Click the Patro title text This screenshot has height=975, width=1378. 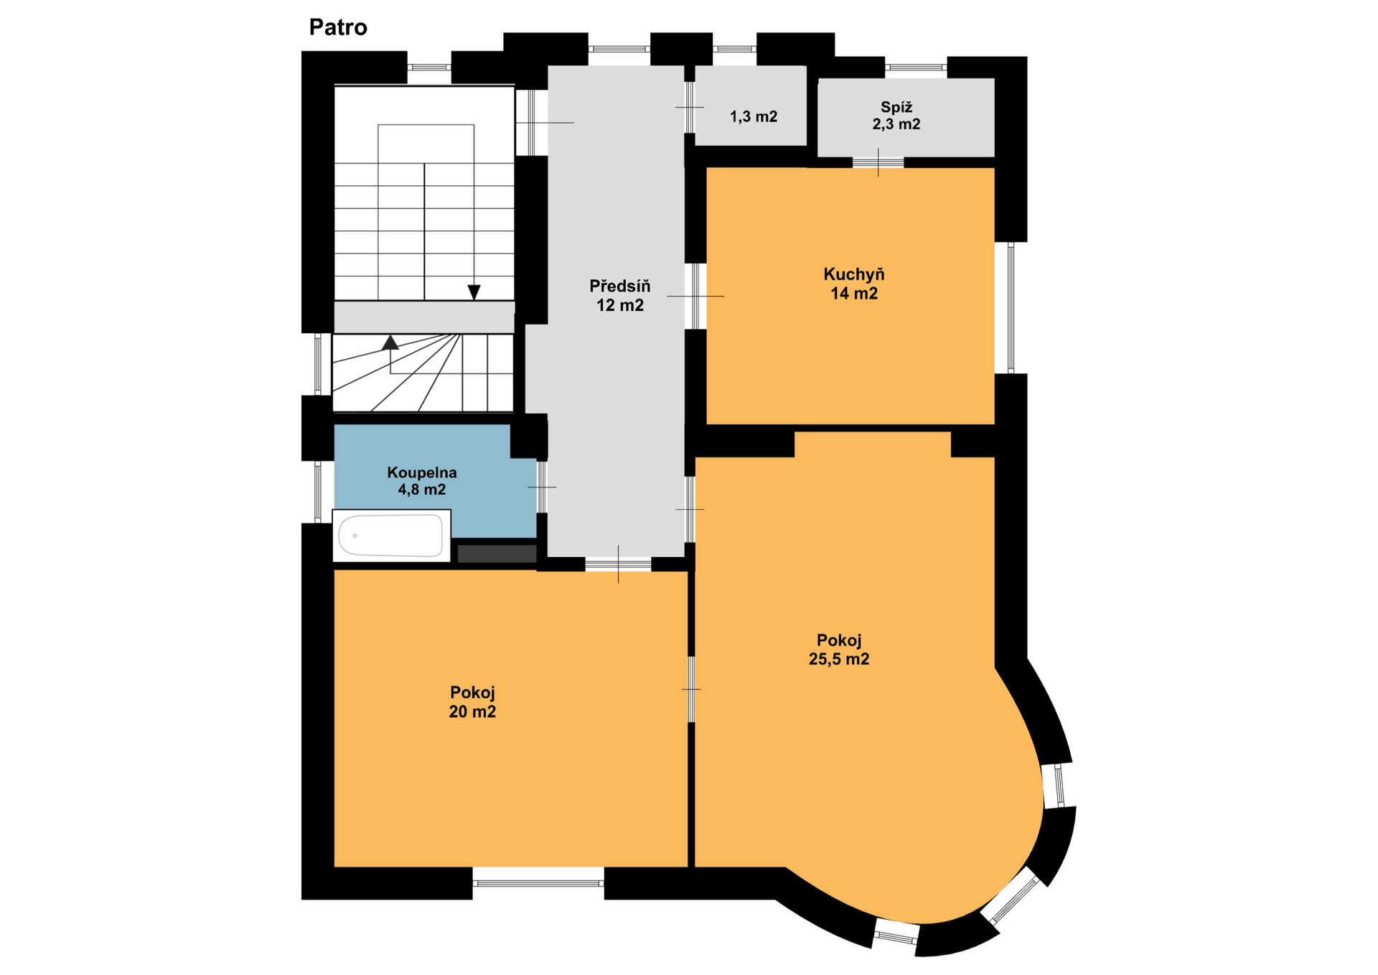point(338,27)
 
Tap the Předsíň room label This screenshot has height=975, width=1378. point(620,286)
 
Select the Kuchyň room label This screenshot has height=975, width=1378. point(854,274)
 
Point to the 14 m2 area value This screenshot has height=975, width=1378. point(854,293)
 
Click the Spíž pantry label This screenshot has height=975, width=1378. point(896,107)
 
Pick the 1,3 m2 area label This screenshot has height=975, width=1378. point(754,116)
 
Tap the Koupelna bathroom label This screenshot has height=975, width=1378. point(422,472)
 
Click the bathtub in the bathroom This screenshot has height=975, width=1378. point(391,536)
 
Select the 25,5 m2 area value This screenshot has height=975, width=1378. point(839,659)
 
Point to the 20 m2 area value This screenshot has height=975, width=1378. point(472,712)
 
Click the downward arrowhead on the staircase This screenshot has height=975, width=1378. point(474,292)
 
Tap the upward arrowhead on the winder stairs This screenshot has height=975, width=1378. point(390,342)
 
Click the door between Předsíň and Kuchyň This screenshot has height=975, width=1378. point(695,296)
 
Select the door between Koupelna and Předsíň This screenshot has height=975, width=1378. point(542,487)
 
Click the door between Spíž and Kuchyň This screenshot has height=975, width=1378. point(878,162)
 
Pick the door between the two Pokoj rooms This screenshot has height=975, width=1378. point(691,689)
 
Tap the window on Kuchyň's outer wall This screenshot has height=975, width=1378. point(1011,307)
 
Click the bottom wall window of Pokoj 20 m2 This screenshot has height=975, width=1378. point(538,883)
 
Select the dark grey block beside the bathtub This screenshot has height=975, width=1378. point(497,554)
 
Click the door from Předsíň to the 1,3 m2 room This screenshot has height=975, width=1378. point(689,107)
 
